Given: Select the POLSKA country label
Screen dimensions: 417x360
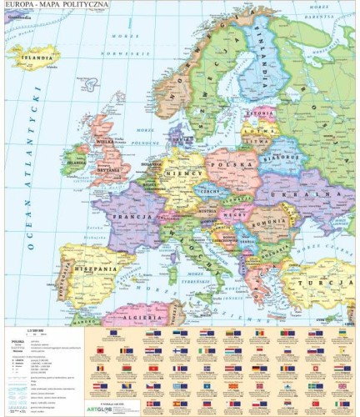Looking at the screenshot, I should [x=237, y=165].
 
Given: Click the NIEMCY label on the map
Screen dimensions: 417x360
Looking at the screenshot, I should [x=182, y=175].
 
